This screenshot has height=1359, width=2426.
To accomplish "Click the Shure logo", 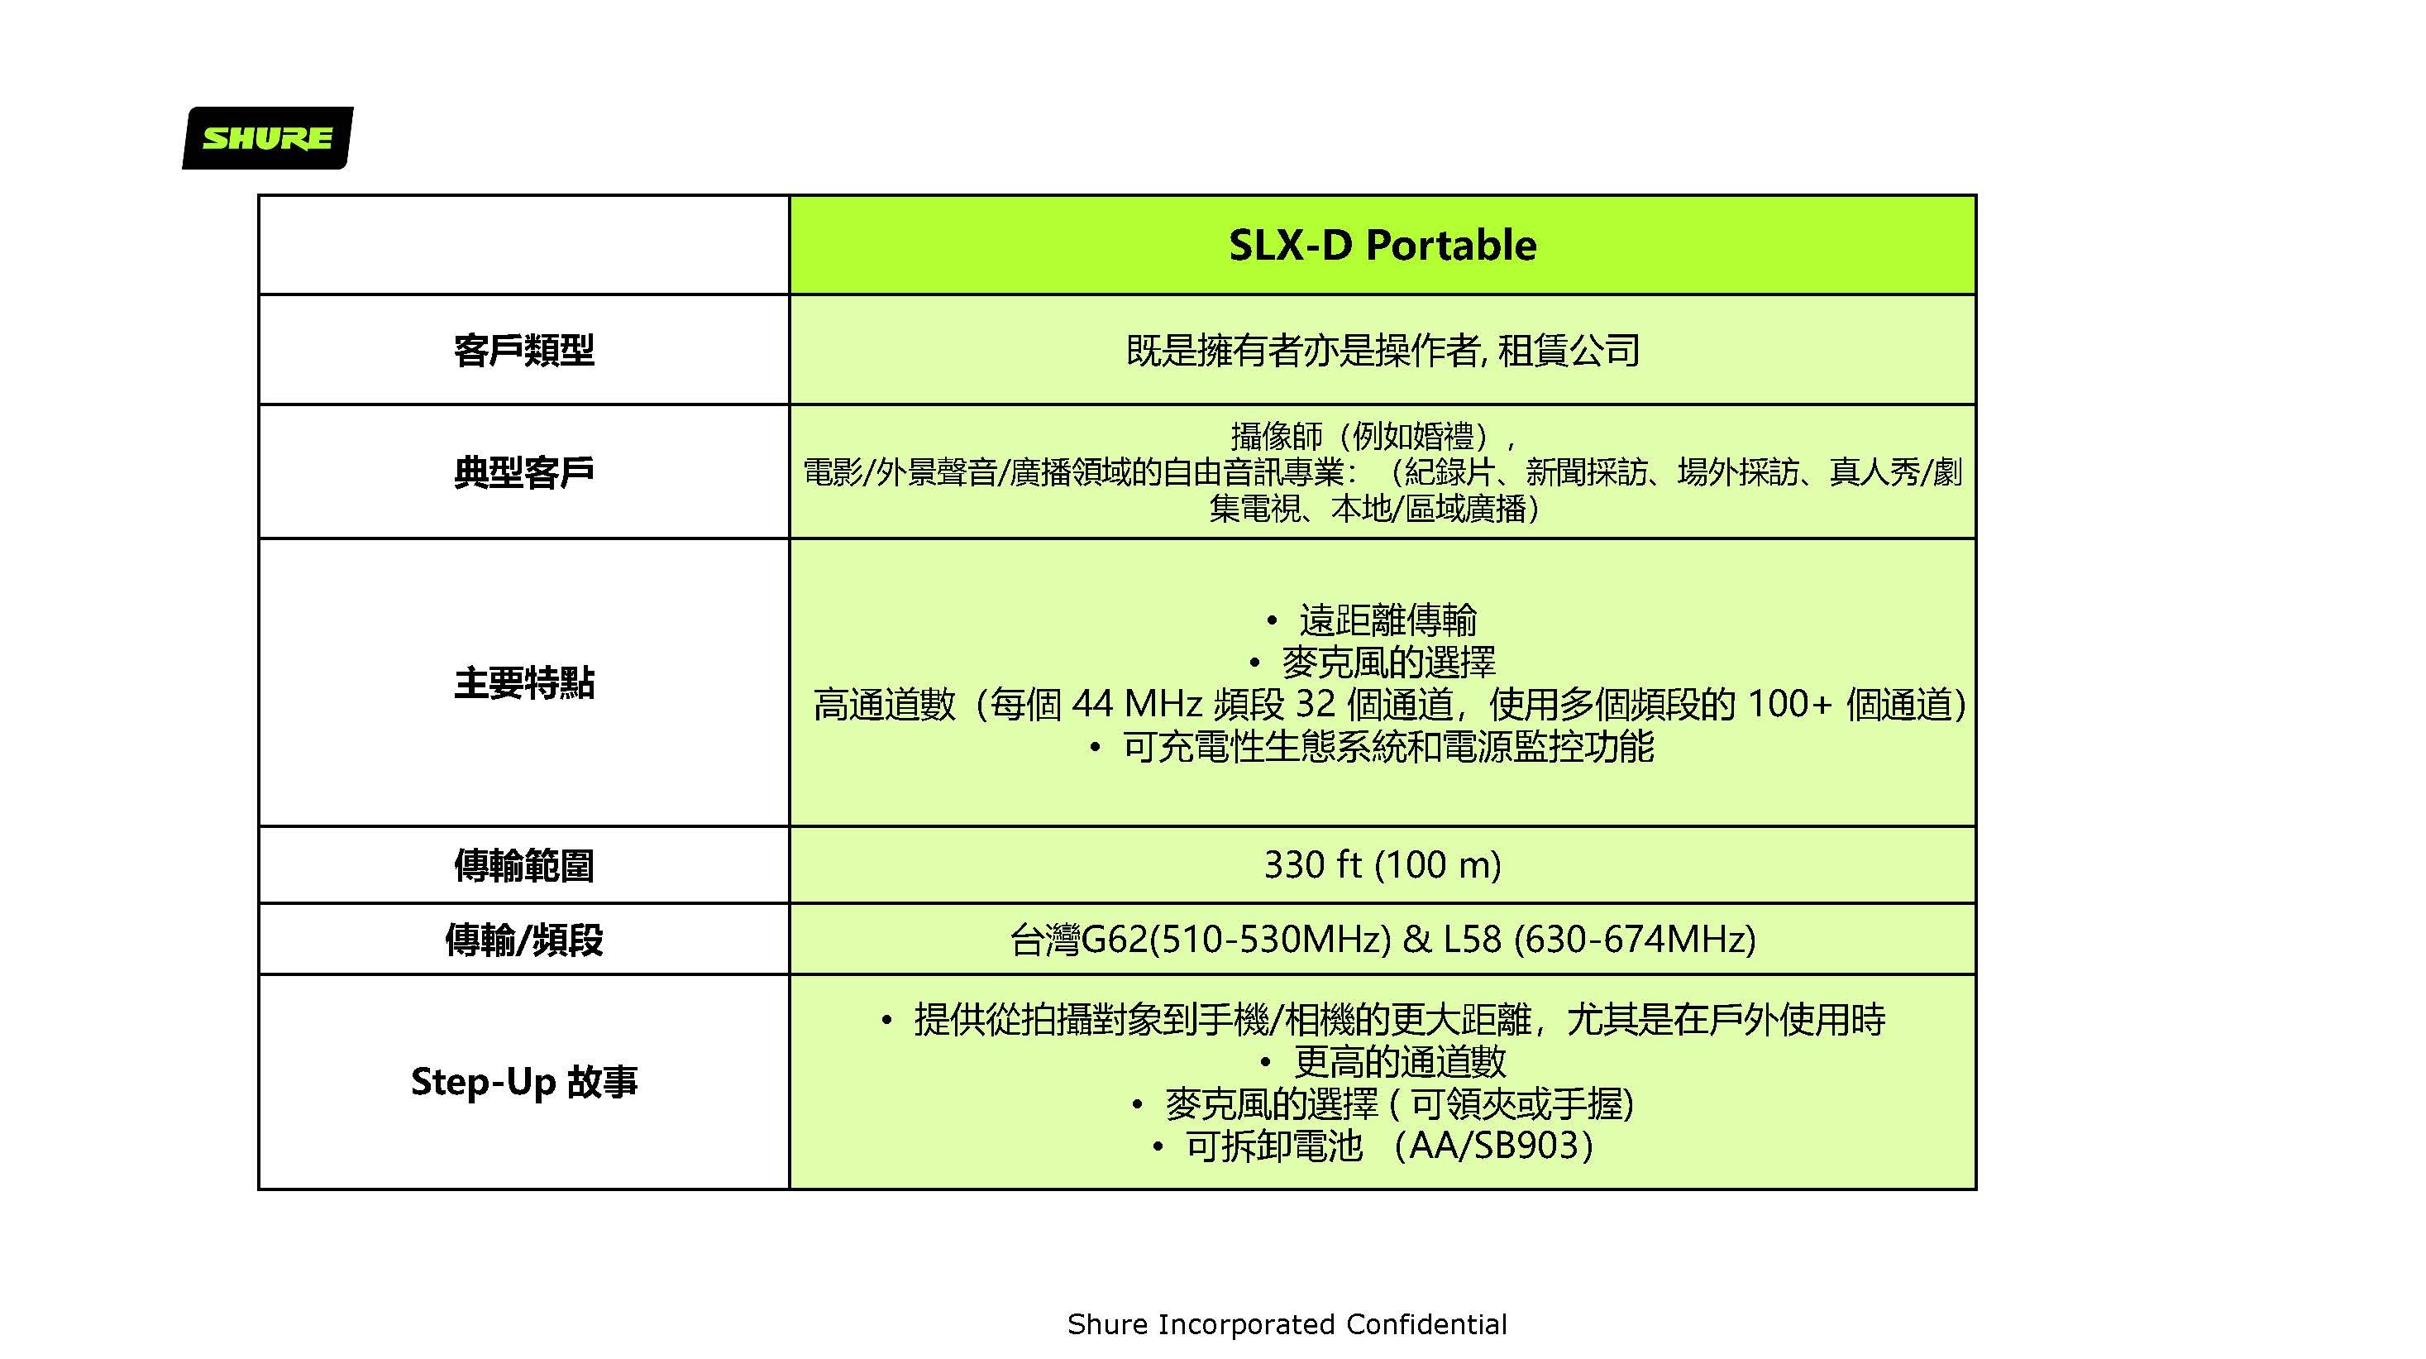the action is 267,137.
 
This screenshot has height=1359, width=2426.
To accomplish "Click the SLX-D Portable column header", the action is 1383,245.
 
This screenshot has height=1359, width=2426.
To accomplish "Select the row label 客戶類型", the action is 523,351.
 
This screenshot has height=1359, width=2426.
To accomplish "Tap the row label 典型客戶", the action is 523,471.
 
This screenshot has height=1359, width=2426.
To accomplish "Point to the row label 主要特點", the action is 523,682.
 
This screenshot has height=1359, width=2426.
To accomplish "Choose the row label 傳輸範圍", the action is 523,865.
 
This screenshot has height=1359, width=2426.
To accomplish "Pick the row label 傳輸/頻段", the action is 523,939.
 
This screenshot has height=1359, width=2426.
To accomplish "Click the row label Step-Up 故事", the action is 523,1081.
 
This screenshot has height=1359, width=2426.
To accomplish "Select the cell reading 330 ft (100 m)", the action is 1383,864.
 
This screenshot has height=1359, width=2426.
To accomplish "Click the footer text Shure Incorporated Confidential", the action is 1287,1324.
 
